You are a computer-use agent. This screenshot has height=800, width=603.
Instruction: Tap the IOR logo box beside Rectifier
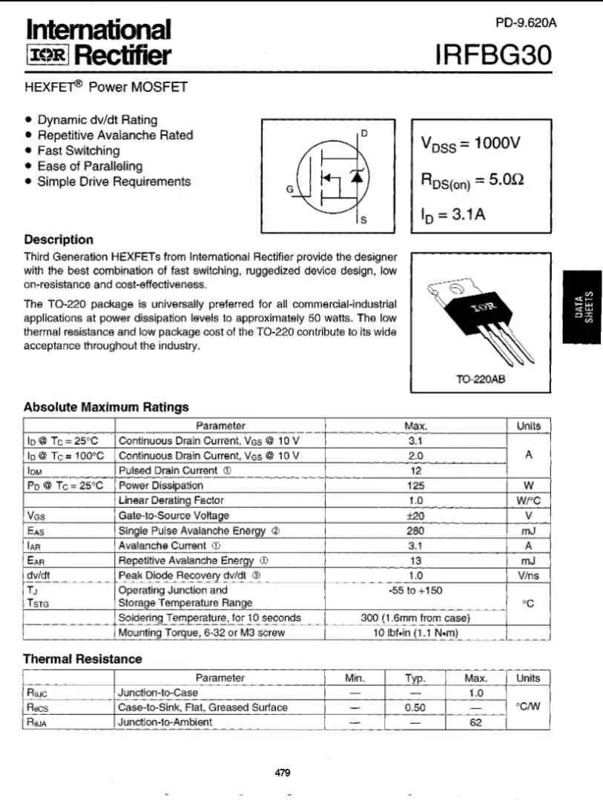pyautogui.click(x=47, y=56)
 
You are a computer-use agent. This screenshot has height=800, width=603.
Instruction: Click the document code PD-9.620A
pyautogui.click(x=525, y=23)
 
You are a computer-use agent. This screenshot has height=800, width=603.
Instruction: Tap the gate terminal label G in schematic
pyautogui.click(x=289, y=189)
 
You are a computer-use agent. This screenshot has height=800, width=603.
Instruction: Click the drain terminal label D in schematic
pyautogui.click(x=363, y=133)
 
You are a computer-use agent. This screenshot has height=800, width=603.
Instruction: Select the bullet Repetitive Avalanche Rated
pyautogui.click(x=115, y=135)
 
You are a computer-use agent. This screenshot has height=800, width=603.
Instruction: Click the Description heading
pyautogui.click(x=59, y=239)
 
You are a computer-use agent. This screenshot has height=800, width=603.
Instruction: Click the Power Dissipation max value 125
pyautogui.click(x=415, y=486)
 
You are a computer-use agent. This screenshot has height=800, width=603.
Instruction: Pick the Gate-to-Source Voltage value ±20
pyautogui.click(x=415, y=515)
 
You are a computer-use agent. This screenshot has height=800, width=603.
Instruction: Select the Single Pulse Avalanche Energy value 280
pyautogui.click(x=415, y=530)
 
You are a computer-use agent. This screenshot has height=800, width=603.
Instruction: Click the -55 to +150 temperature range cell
pyautogui.click(x=415, y=590)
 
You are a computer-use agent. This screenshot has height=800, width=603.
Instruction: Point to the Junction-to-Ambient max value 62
pyautogui.click(x=476, y=721)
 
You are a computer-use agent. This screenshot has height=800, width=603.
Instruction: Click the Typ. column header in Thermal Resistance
pyautogui.click(x=415, y=678)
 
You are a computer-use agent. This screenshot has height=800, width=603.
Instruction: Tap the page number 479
pyautogui.click(x=283, y=773)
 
